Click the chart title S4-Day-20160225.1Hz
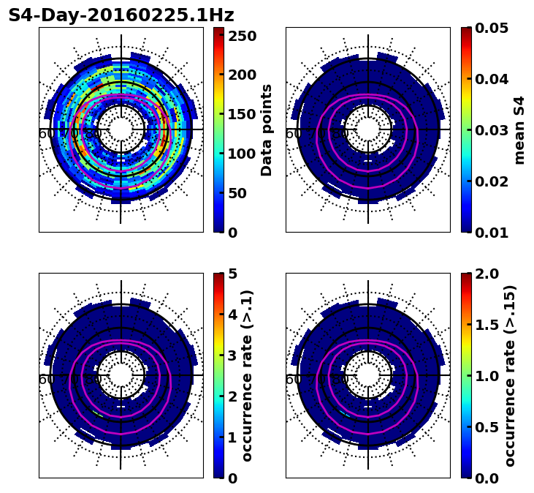click(121, 15)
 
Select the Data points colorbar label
click(267, 129)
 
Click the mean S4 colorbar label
click(519, 129)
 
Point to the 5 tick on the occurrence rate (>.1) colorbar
click(232, 274)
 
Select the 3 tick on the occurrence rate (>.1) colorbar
click(232, 355)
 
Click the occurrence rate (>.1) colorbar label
click(247, 375)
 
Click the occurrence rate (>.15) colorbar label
click(510, 375)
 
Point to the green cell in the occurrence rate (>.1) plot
click(98, 414)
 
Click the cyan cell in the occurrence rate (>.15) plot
click(345, 414)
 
